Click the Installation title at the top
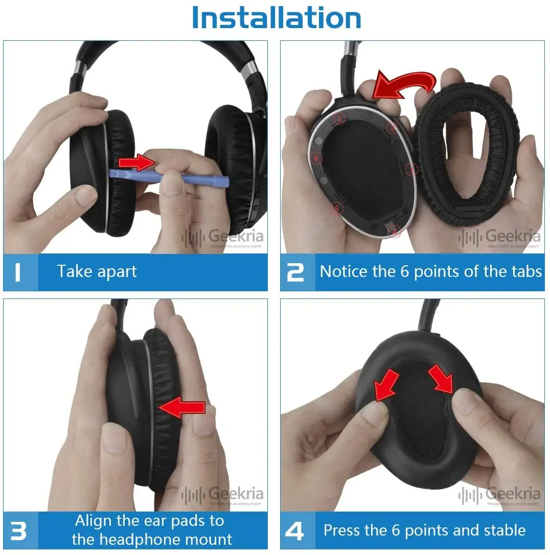point(276,18)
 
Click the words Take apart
point(97,271)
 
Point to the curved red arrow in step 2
point(404,84)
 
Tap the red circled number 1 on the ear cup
point(338,119)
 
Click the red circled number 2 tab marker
point(392,128)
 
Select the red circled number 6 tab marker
point(316,159)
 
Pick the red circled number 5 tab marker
point(336,208)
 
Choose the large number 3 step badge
point(18,531)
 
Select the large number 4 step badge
point(295,531)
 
